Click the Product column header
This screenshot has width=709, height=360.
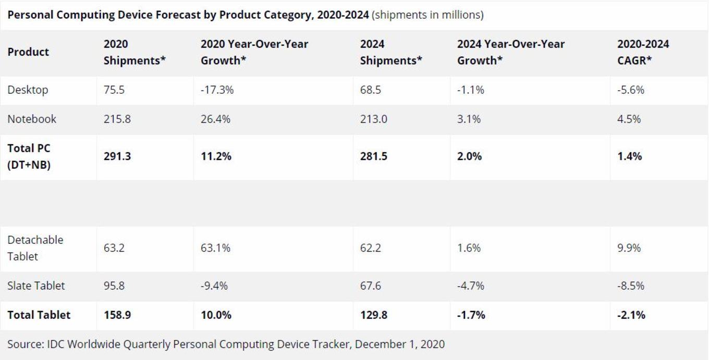(28, 52)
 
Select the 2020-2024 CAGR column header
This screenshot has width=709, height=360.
(643, 52)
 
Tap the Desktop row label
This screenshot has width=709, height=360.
(28, 90)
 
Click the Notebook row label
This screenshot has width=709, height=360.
(32, 119)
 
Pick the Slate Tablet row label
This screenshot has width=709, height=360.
(36, 285)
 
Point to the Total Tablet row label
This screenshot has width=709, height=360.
(39, 315)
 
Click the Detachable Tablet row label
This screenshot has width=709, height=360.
(35, 248)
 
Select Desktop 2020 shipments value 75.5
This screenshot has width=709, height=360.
(114, 90)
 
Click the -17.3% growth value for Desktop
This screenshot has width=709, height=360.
(217, 90)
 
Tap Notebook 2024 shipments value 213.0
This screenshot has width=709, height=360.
(374, 119)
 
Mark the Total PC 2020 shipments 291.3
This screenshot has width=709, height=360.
(117, 156)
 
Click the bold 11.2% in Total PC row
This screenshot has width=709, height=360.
(216, 156)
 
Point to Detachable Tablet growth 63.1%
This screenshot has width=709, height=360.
(215, 248)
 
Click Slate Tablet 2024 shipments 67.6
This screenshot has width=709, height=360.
(371, 285)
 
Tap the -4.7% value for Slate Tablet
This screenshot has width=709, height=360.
(471, 285)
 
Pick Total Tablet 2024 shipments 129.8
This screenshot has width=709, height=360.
(374, 315)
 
